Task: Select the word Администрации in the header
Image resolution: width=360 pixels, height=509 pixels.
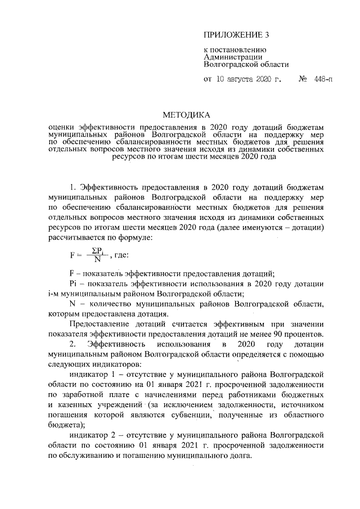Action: pos(232,57)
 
